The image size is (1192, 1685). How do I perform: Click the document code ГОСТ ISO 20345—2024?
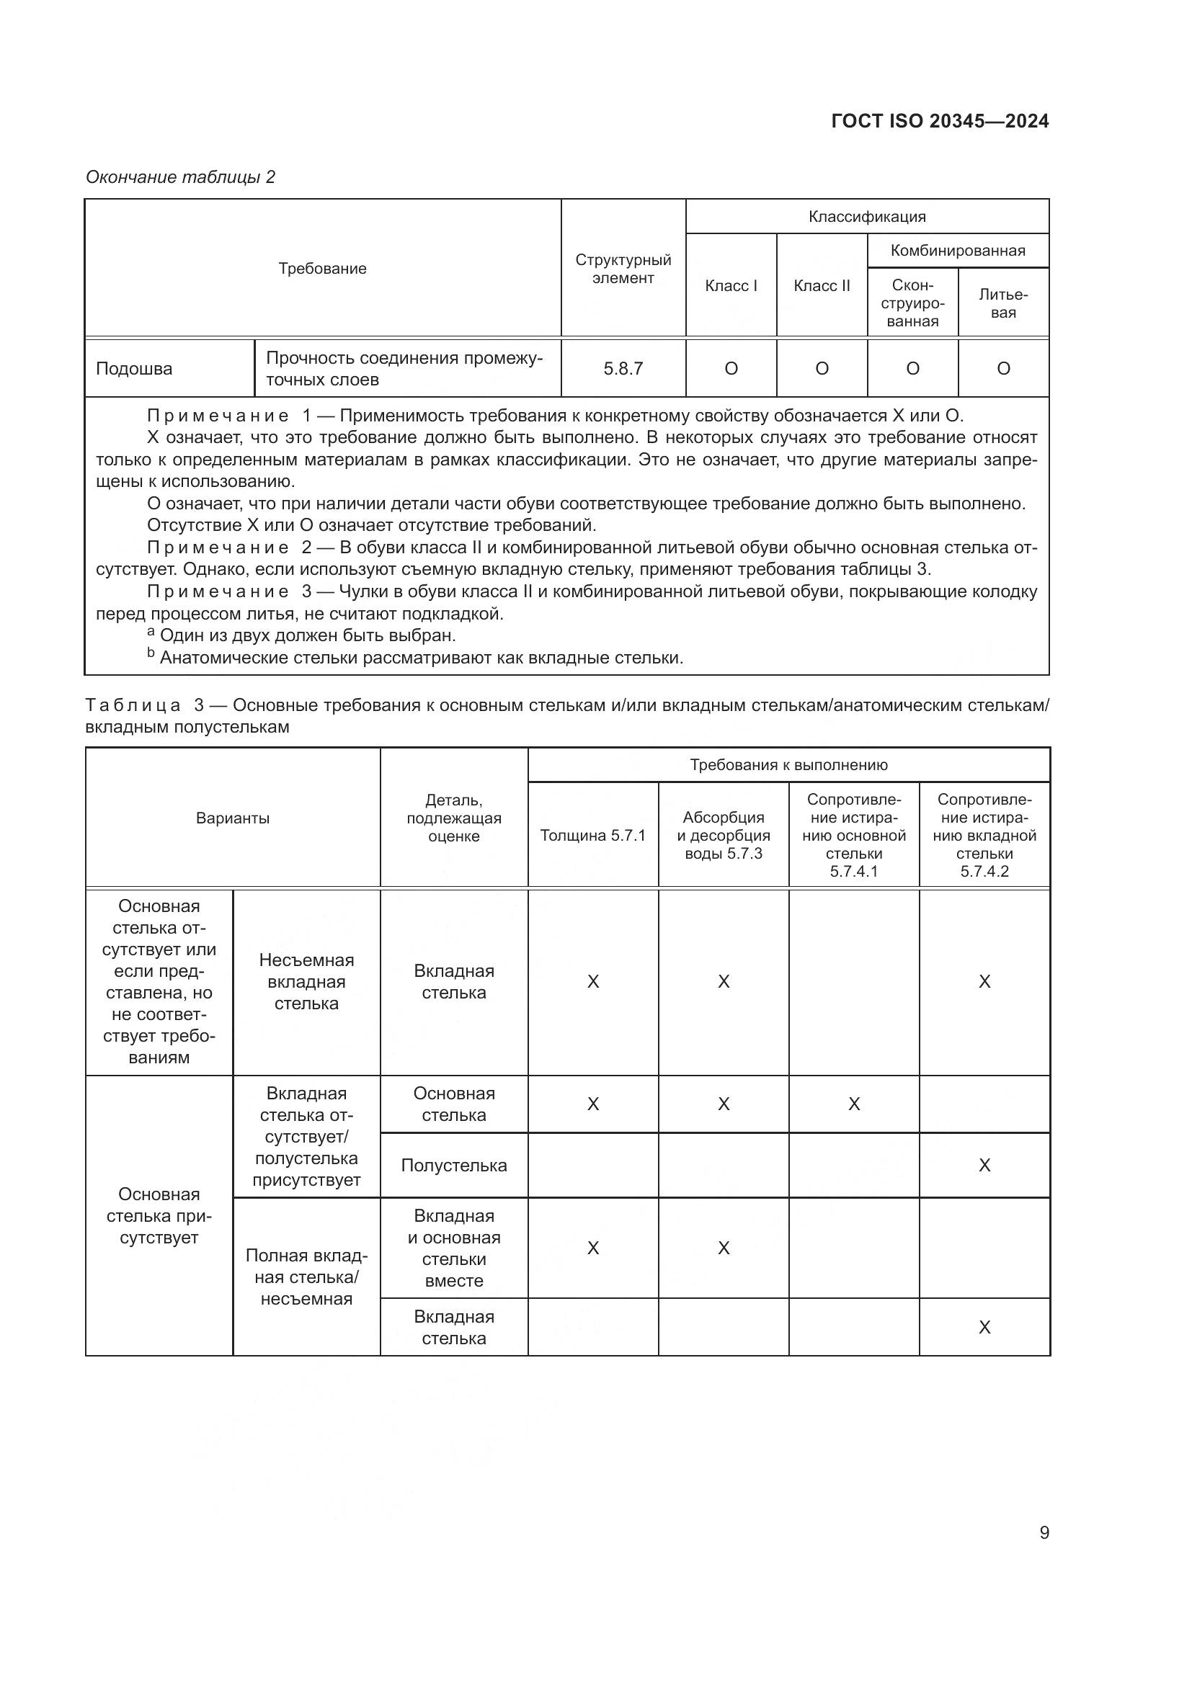[x=940, y=121]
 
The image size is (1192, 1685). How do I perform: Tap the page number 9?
[x=1044, y=1532]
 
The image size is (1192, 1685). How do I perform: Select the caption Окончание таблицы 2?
[x=181, y=177]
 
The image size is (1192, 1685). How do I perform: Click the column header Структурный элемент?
[x=623, y=269]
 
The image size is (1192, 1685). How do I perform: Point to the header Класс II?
[x=822, y=285]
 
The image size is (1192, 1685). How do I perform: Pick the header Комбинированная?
[x=957, y=250]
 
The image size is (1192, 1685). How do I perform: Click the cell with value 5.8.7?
[x=623, y=368]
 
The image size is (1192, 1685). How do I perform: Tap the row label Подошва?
[x=134, y=368]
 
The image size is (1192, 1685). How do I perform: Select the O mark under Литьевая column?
[x=1002, y=368]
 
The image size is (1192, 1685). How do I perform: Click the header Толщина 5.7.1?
[x=592, y=835]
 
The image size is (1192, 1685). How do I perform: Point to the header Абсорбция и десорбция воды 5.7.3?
[x=723, y=835]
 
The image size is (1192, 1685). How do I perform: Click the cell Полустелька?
[x=453, y=1166]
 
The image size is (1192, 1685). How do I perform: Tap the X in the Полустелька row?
[x=984, y=1166]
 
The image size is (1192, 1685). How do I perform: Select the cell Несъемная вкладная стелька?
[x=306, y=982]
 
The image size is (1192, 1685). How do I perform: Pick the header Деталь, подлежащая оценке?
[x=453, y=818]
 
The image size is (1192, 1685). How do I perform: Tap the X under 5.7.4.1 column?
[x=853, y=1104]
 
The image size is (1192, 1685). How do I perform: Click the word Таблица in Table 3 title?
[x=133, y=705]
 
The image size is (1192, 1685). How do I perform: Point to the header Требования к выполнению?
[x=788, y=765]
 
